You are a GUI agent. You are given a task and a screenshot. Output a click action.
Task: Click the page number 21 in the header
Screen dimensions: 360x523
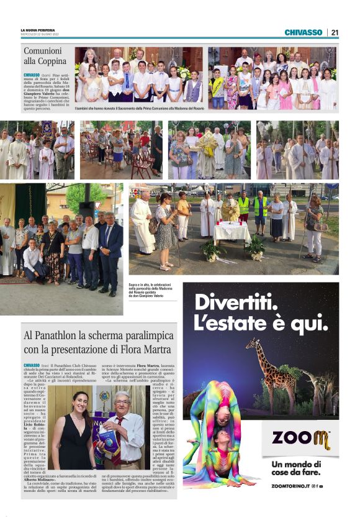[x=335, y=32]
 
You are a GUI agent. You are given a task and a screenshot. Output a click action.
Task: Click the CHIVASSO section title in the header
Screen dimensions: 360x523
[x=304, y=32]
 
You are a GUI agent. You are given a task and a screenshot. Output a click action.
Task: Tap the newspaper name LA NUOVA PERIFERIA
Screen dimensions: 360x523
[x=38, y=30]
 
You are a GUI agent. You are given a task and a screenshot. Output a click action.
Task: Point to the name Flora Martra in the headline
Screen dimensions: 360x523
[x=143, y=348]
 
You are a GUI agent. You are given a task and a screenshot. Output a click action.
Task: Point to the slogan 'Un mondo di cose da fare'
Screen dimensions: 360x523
[x=300, y=468]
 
